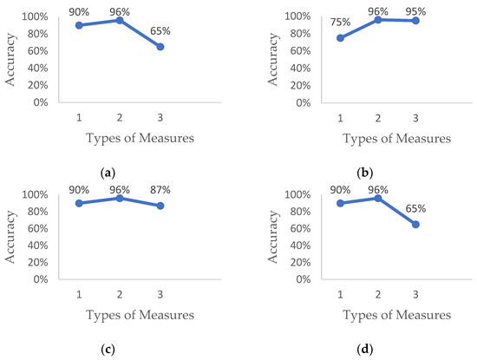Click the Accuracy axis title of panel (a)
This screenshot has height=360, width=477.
click(11, 60)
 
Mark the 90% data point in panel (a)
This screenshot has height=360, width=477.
click(78, 25)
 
